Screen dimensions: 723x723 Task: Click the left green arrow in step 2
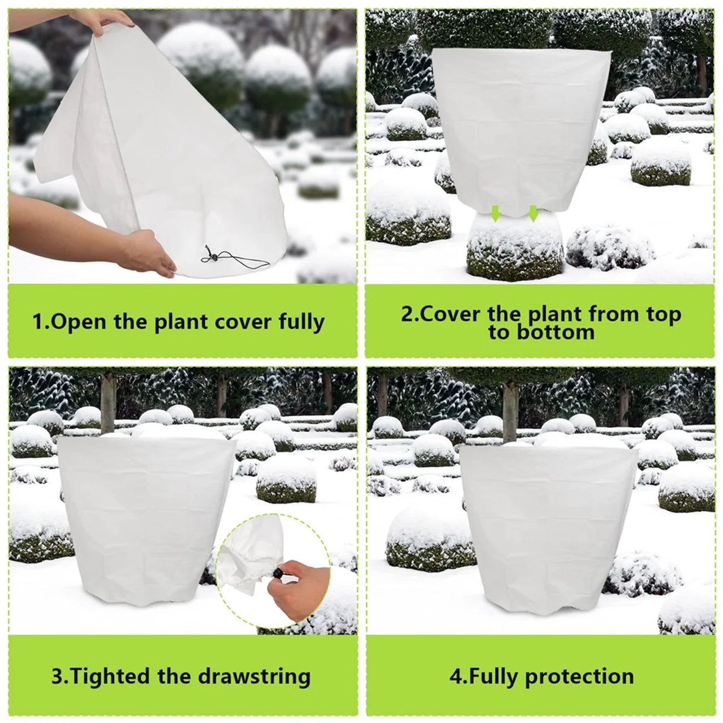[496, 213]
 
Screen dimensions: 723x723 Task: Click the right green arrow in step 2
[533, 213]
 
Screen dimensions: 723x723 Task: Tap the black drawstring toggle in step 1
[214, 257]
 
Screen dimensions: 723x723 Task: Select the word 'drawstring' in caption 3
[254, 675]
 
